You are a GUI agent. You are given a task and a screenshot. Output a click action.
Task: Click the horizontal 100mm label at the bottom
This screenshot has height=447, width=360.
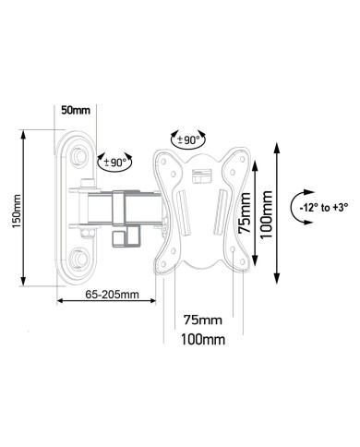202,340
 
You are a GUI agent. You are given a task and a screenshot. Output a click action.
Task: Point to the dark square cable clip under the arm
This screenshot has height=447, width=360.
117,237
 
